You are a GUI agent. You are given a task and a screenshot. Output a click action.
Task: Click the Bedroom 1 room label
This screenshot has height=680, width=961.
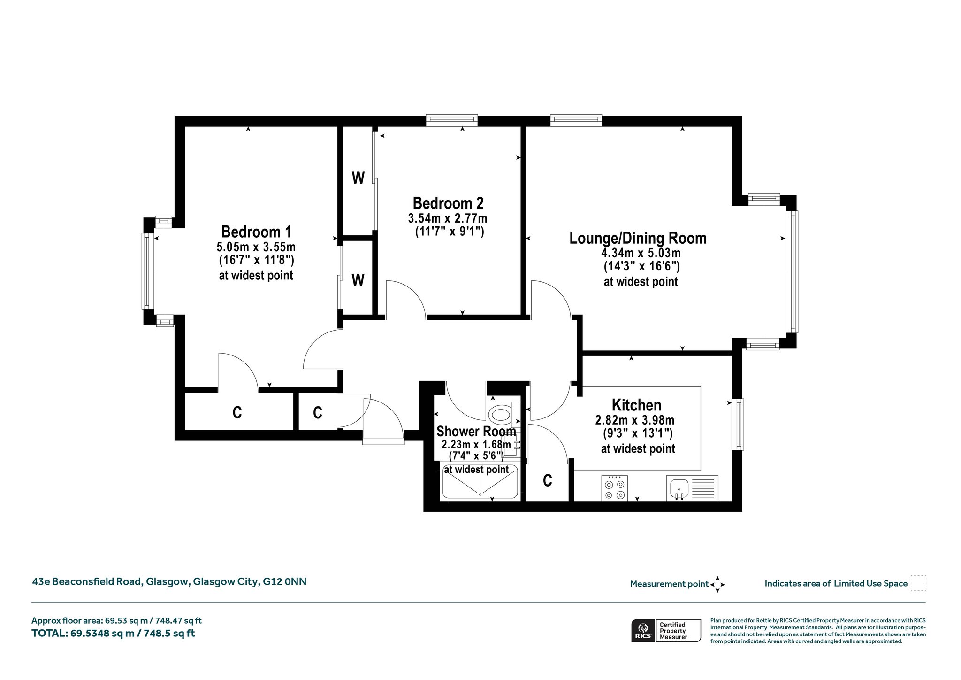pos(256,232)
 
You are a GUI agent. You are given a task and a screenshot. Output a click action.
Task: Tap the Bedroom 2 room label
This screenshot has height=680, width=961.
pos(448,203)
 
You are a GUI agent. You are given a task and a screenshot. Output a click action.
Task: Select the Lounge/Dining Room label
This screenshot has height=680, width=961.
pos(638,238)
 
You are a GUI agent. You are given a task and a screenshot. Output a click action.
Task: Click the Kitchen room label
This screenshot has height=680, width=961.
pos(636,405)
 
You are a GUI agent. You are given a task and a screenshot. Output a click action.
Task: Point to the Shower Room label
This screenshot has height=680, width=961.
pos(476,431)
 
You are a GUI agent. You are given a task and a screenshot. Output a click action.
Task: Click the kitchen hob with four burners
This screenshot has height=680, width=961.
pos(614,488)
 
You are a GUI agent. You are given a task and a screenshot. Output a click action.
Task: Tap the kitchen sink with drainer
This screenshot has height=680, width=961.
pos(692,488)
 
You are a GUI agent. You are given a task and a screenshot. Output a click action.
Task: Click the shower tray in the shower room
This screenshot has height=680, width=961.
pos(480,482)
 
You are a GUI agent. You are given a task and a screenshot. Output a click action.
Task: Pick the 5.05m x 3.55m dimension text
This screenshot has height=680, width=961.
pos(256,247)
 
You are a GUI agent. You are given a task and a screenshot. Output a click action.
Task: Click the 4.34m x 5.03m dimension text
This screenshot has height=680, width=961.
pos(641,253)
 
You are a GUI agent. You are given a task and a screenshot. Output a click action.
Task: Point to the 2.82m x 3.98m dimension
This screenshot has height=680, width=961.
pos(635,420)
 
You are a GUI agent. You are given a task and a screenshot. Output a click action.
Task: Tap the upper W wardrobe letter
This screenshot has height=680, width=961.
pos(358,178)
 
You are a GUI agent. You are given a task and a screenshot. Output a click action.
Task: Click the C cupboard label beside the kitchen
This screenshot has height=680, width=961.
pos(547,480)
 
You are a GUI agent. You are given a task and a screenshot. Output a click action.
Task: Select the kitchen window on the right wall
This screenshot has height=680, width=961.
pos(738,424)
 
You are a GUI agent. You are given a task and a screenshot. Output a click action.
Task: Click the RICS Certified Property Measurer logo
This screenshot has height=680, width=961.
pos(666,630)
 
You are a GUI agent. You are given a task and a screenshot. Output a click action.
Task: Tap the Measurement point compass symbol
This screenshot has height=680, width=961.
pos(717,585)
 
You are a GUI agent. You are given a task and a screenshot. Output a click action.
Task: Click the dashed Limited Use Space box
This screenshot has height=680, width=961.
pos(918,583)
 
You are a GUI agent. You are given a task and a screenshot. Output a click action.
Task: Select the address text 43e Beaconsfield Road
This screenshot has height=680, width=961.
pos(87,582)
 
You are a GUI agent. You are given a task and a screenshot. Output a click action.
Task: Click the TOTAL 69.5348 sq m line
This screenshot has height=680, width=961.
pos(113,634)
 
